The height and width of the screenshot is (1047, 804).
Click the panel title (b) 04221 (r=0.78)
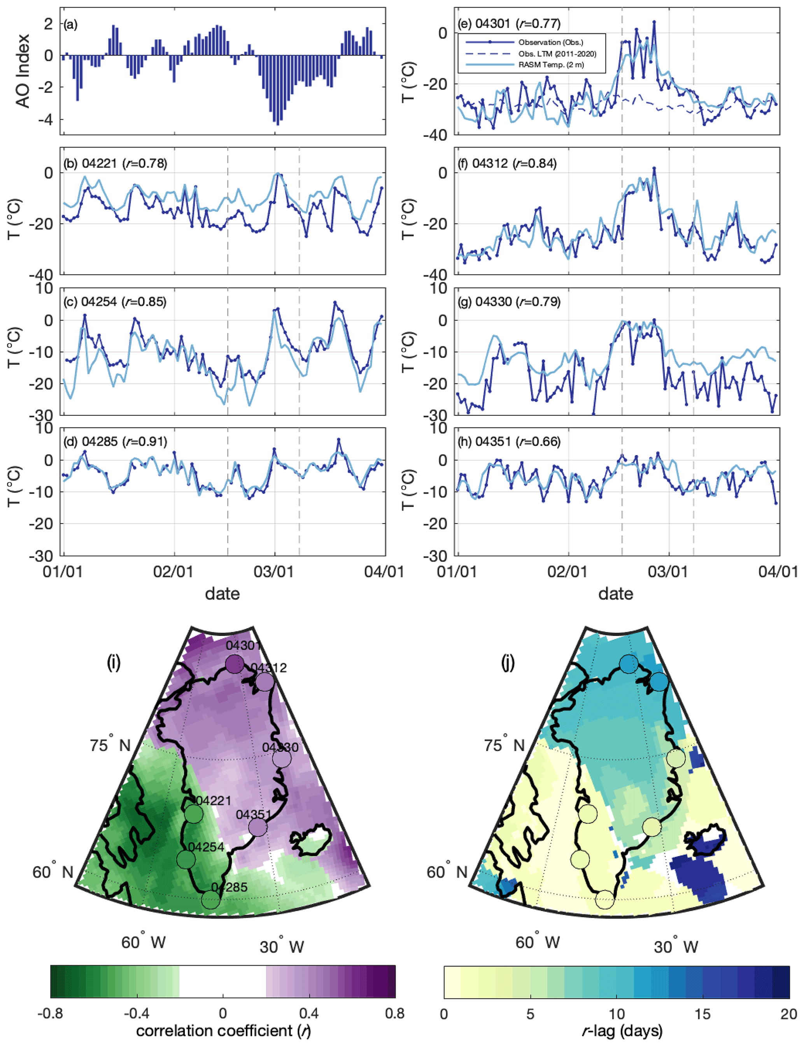[x=116, y=164]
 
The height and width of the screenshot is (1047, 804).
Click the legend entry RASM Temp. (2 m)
[x=551, y=65]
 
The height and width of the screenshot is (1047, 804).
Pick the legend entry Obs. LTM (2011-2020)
[x=557, y=54]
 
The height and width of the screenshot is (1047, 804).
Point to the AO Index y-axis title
[x=22, y=71]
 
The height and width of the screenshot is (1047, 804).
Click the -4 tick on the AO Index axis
[x=48, y=120]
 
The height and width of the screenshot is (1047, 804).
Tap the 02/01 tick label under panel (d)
[x=173, y=571]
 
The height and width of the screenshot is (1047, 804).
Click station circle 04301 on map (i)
[x=235, y=664]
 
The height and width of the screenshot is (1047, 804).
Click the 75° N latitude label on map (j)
[x=504, y=745]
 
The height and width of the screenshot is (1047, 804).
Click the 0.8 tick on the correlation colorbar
[x=394, y=1013]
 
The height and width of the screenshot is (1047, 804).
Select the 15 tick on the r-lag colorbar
[x=702, y=1013]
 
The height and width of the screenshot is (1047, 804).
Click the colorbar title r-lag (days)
[x=622, y=1030]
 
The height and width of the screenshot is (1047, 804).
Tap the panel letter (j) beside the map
[x=508, y=663]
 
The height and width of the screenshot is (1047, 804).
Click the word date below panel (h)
[x=615, y=594]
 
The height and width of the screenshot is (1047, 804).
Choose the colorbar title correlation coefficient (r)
[x=223, y=1030]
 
